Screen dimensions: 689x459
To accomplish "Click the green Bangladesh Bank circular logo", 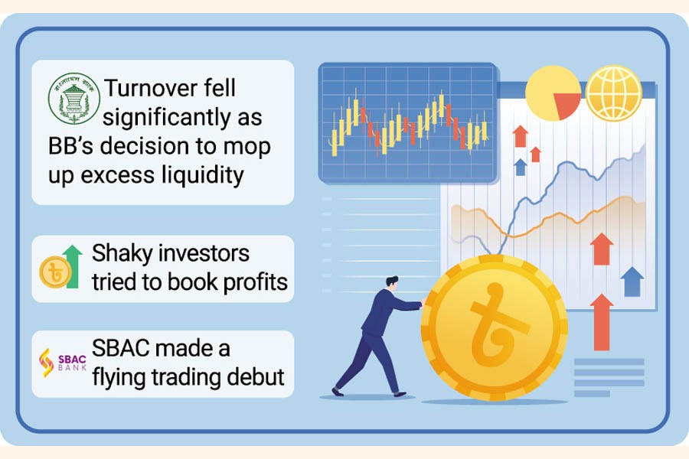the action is click(73, 99).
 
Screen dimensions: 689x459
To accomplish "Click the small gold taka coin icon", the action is click(55, 272).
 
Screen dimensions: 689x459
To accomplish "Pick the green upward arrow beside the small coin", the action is click(73, 267).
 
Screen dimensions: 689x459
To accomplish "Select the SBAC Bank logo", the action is click(63, 363).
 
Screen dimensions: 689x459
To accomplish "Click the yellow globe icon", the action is click(614, 93).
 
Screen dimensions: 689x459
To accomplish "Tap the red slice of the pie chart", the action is click(567, 105).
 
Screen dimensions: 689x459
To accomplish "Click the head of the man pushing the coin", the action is click(392, 283).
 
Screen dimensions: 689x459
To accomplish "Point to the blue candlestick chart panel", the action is click(408, 122).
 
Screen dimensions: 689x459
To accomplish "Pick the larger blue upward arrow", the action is click(632, 282).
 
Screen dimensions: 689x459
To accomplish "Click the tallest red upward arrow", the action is click(602, 322).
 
